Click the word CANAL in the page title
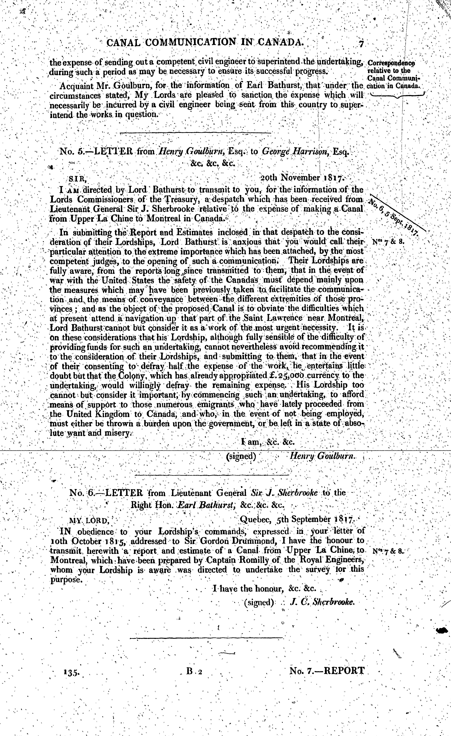click(122, 43)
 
